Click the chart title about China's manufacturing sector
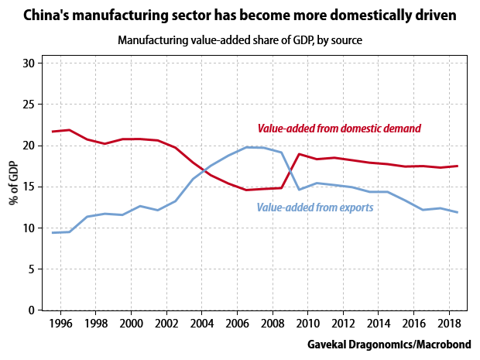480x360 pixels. tap(240, 15)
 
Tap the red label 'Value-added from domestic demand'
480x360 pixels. tap(339, 129)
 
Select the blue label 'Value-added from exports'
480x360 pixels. tap(315, 207)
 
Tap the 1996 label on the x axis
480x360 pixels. tap(61, 322)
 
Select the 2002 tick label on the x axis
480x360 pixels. tap(166, 322)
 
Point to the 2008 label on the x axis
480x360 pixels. tap(272, 322)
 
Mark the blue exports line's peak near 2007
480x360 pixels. tap(248, 147)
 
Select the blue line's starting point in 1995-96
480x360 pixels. tap(53, 233)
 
